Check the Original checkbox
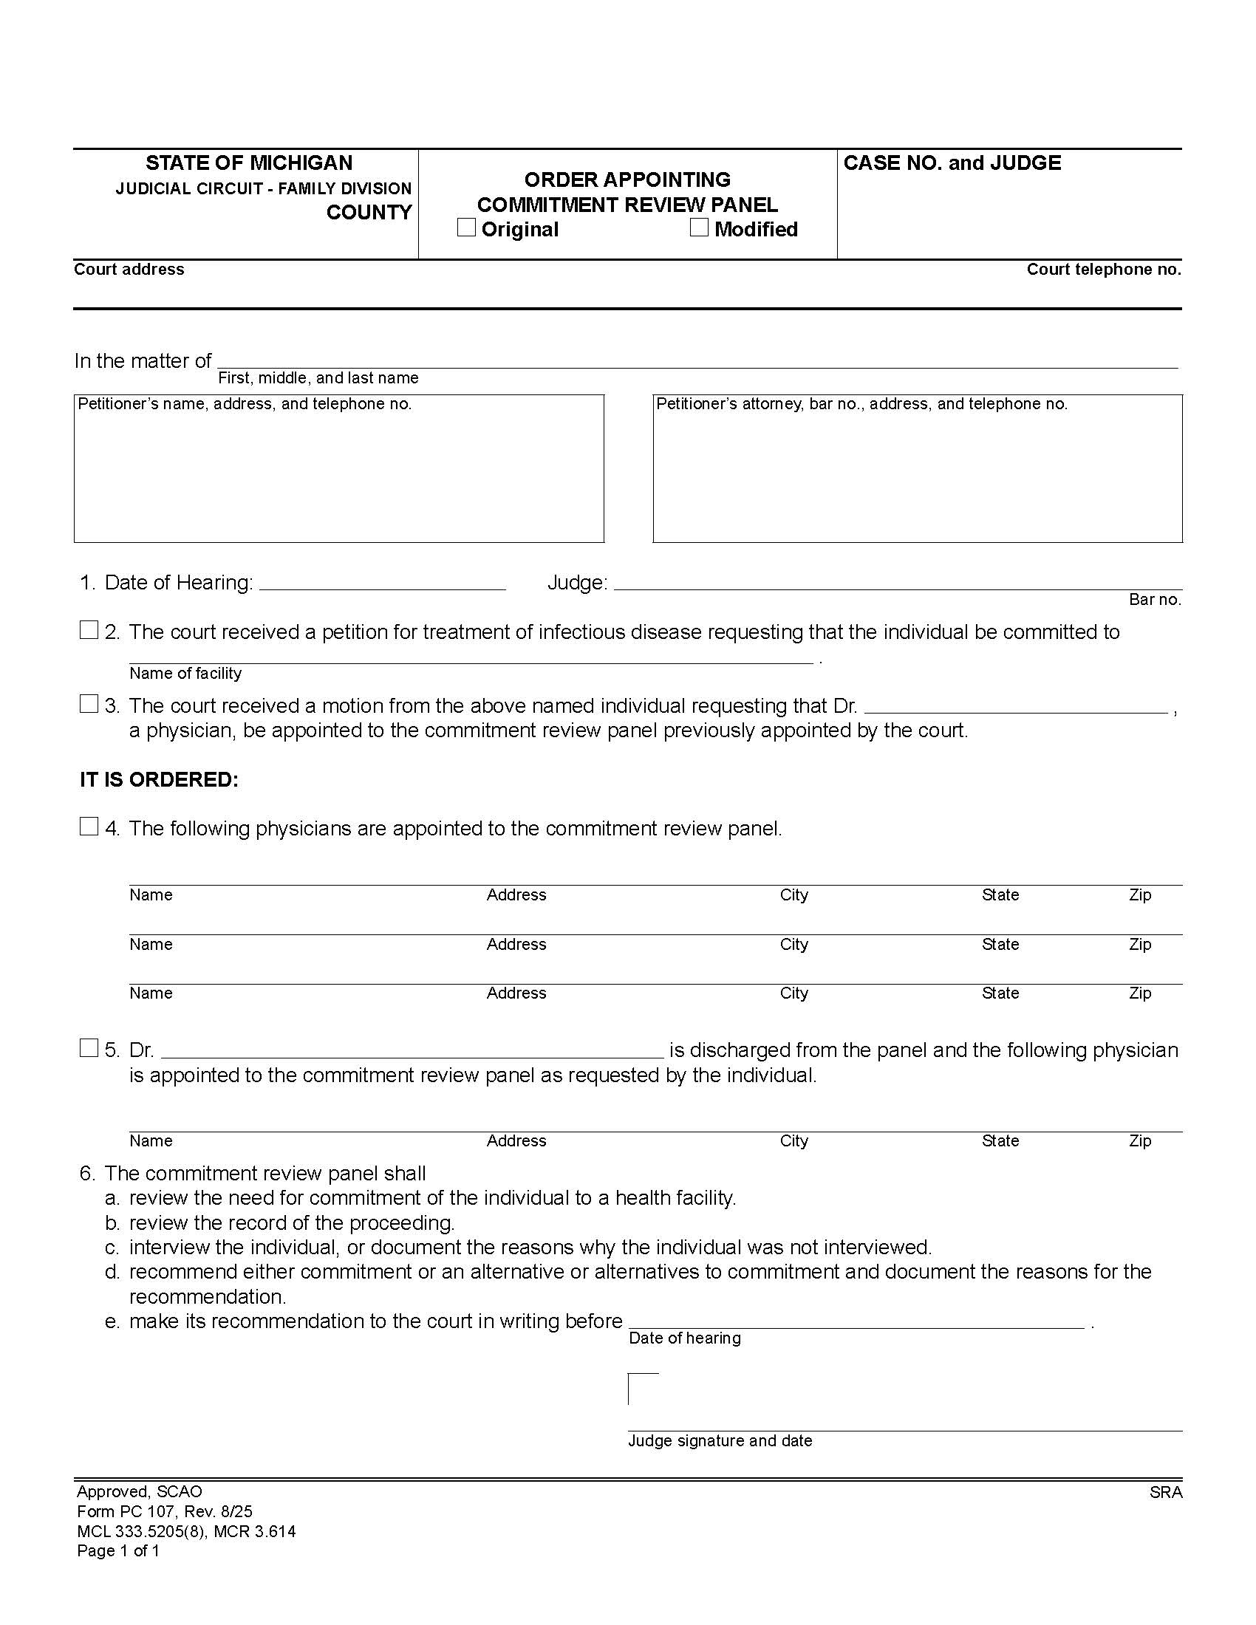(466, 227)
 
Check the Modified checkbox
(699, 227)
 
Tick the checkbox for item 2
(89, 630)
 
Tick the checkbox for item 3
(89, 704)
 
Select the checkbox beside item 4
(89, 827)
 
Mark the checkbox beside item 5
(89, 1048)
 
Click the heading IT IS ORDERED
(160, 780)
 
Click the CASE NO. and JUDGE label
(952, 163)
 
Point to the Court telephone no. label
(1104, 270)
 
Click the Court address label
(129, 270)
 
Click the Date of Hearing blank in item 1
(383, 582)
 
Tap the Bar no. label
(1155, 600)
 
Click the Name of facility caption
(185, 674)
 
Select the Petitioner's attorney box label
(861, 404)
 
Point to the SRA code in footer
(1165, 1493)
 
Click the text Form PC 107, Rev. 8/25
(165, 1511)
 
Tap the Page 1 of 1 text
(118, 1550)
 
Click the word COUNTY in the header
(369, 213)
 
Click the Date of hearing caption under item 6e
(685, 1338)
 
